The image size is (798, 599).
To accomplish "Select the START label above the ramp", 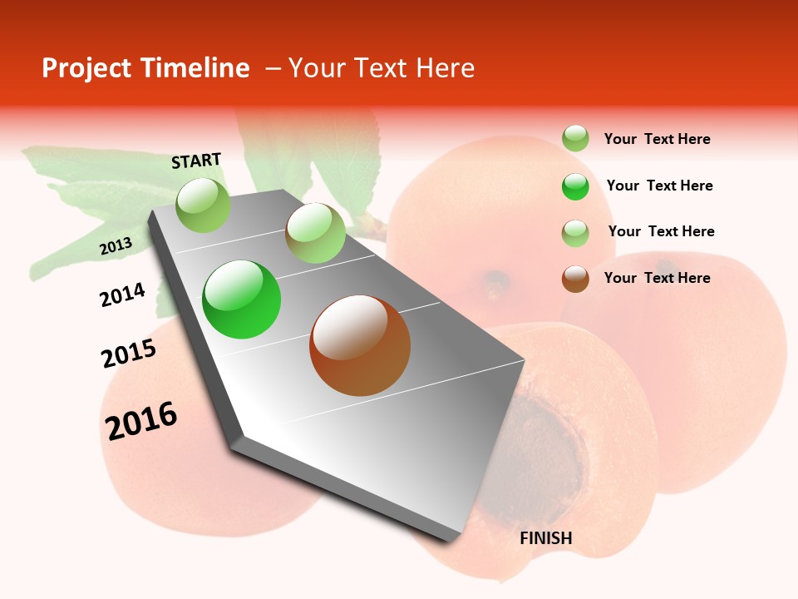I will point(196,161).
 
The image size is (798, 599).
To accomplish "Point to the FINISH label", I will point(546,538).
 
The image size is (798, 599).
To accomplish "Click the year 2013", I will point(116,246).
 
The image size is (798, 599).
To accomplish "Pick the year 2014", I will point(122,295).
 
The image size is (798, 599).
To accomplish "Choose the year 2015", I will point(129,354).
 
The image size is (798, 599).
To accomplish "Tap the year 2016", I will point(141,420).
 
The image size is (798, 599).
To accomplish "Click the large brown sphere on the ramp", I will point(360,345).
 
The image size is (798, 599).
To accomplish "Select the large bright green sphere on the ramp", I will point(242,299).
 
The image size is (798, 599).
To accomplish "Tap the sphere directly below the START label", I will point(204,205).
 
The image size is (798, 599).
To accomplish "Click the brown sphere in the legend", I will point(575,279).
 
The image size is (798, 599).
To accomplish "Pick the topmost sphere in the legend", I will point(575,138).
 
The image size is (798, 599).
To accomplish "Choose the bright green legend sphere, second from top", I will point(575,186).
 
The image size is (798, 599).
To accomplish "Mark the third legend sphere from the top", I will point(575,233).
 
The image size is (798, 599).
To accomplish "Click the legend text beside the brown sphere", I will point(657,278).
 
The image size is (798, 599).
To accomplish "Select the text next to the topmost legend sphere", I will point(657,139).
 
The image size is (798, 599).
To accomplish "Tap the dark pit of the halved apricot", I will point(549,441).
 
